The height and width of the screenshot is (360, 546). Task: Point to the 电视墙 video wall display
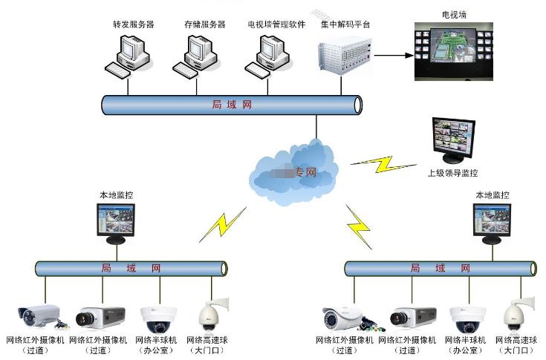[453, 50]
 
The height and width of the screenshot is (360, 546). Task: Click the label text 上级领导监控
[452, 173]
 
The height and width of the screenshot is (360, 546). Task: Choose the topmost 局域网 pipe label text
[232, 105]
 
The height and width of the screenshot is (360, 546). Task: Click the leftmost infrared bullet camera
[39, 316]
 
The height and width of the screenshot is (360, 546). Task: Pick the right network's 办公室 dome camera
[467, 317]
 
